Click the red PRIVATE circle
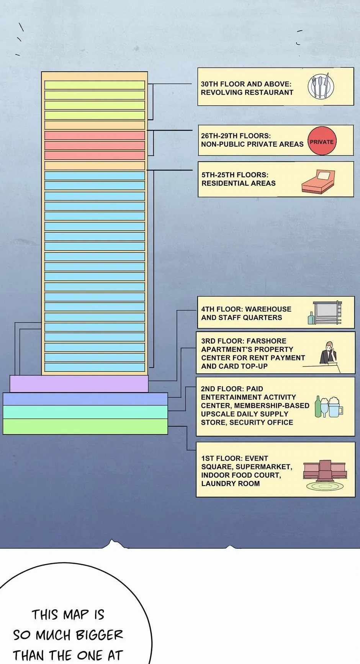coord(322,141)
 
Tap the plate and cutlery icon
coord(321,86)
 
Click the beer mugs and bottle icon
coord(329,407)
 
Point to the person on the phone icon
coord(328,352)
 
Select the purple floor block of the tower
coord(79,384)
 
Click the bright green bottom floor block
coord(85,426)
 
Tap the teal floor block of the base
coord(85,412)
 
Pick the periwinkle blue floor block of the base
coord(85,399)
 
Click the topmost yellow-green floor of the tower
coord(95,85)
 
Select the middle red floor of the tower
coord(95,146)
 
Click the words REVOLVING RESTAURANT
coord(247,92)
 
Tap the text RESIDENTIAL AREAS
coord(239,183)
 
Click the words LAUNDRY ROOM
coord(231,483)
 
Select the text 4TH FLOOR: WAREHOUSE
coord(246,309)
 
